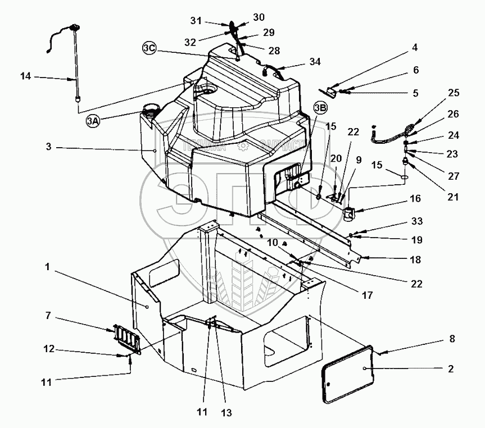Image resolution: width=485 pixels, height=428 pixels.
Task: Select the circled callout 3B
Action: click(320, 107)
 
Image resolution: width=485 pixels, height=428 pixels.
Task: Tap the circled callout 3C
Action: click(149, 49)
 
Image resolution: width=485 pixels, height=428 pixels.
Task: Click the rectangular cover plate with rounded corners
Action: click(347, 374)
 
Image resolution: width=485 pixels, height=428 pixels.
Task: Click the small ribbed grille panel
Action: click(123, 339)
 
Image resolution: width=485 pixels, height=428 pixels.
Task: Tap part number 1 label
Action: click(49, 267)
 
